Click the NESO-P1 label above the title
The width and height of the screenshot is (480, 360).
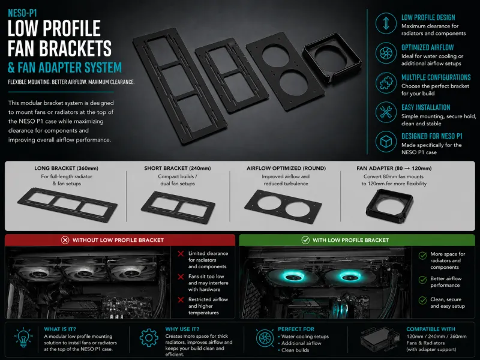pyautogui.click(x=22, y=13)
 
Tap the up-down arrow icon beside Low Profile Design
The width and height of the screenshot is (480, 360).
pyautogui.click(x=386, y=23)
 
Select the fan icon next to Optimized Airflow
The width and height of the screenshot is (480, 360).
pyautogui.click(x=386, y=53)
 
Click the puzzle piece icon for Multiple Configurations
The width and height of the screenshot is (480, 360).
pyautogui.click(x=386, y=83)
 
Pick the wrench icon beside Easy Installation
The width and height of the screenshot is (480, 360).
pyautogui.click(x=386, y=112)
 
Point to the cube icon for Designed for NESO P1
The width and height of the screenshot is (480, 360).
pyautogui.click(x=386, y=142)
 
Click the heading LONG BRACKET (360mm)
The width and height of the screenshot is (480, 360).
pyautogui.click(x=66, y=168)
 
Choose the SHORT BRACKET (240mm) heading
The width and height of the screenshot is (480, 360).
pyautogui.click(x=178, y=168)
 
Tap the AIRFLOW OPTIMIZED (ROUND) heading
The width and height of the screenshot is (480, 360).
pyautogui.click(x=286, y=168)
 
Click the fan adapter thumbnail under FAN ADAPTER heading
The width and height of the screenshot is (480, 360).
pyautogui.click(x=389, y=206)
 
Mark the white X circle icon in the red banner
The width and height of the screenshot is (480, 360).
pyautogui.click(x=65, y=240)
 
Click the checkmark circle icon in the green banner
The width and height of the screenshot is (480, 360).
pyautogui.click(x=305, y=240)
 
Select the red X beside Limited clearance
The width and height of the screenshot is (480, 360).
pyautogui.click(x=181, y=253)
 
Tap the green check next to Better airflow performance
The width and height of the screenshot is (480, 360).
pyautogui.click(x=423, y=280)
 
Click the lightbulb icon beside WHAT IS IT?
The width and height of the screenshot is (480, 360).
pyautogui.click(x=23, y=337)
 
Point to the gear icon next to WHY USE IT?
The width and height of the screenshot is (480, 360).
pyautogui.click(x=149, y=338)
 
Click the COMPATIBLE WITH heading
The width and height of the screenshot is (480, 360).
pyautogui.click(x=431, y=329)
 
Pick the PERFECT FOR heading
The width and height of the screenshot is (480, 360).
pyautogui.click(x=296, y=329)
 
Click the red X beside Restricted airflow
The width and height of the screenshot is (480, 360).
pyautogui.click(x=181, y=299)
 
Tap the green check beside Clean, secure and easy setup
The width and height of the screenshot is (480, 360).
pyautogui.click(x=423, y=301)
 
